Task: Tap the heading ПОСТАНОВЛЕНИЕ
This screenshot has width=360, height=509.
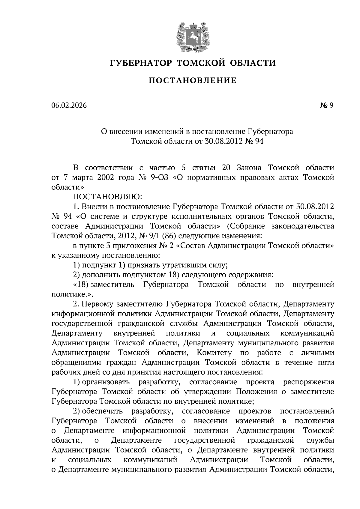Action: pyautogui.click(x=193, y=80)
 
